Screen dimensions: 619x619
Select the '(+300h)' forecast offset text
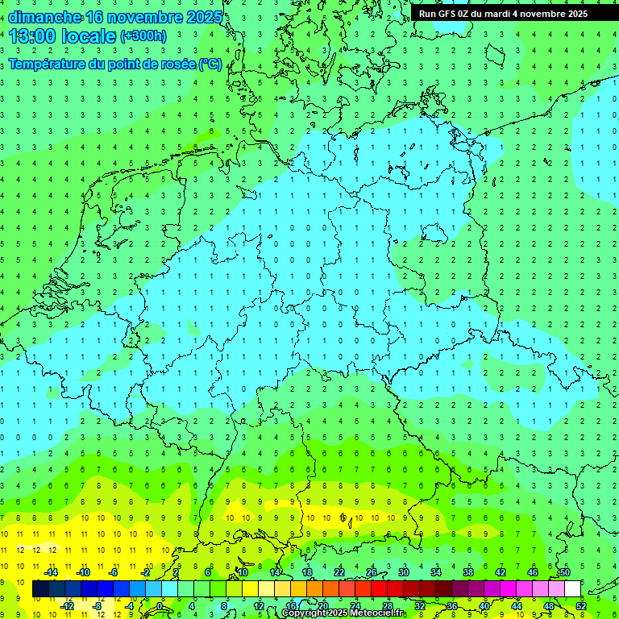(x=143, y=35)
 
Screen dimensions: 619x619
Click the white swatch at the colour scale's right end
(x=572, y=589)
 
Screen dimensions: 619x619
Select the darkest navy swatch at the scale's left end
(x=40, y=589)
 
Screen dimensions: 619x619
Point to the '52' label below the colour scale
(x=581, y=606)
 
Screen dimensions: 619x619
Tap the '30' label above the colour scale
(x=403, y=572)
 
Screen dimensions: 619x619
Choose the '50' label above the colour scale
(x=564, y=572)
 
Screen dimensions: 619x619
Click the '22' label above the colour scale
(x=339, y=572)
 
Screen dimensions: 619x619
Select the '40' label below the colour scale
(x=484, y=606)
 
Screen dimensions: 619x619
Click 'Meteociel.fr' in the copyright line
(x=376, y=613)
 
